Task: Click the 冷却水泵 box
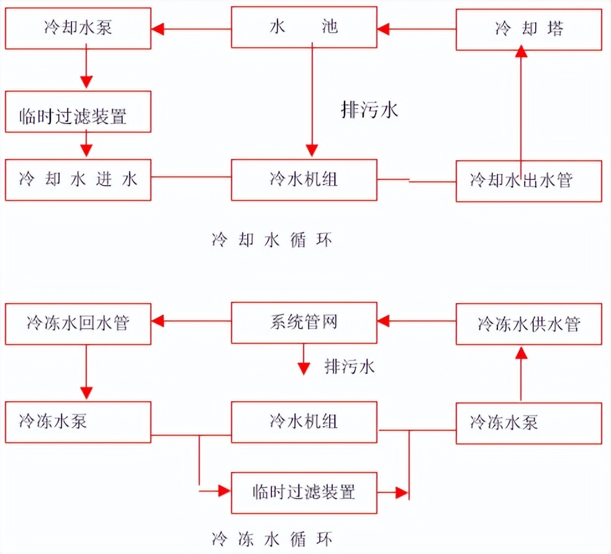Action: (78, 28)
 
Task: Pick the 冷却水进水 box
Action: (78, 180)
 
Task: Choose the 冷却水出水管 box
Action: (529, 181)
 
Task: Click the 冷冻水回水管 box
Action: (78, 323)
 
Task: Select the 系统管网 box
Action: (304, 323)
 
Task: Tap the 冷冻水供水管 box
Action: (529, 324)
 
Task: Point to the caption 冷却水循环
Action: (272, 240)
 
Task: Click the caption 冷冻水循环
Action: (272, 537)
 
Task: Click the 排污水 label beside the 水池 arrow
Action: (369, 110)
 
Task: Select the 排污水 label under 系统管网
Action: (350, 366)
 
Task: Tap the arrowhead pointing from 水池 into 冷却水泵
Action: (158, 28)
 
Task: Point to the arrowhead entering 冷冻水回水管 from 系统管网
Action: (158, 321)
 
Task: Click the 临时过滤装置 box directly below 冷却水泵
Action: (78, 112)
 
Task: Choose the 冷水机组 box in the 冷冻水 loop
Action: (304, 422)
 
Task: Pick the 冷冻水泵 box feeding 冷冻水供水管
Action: (529, 423)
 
